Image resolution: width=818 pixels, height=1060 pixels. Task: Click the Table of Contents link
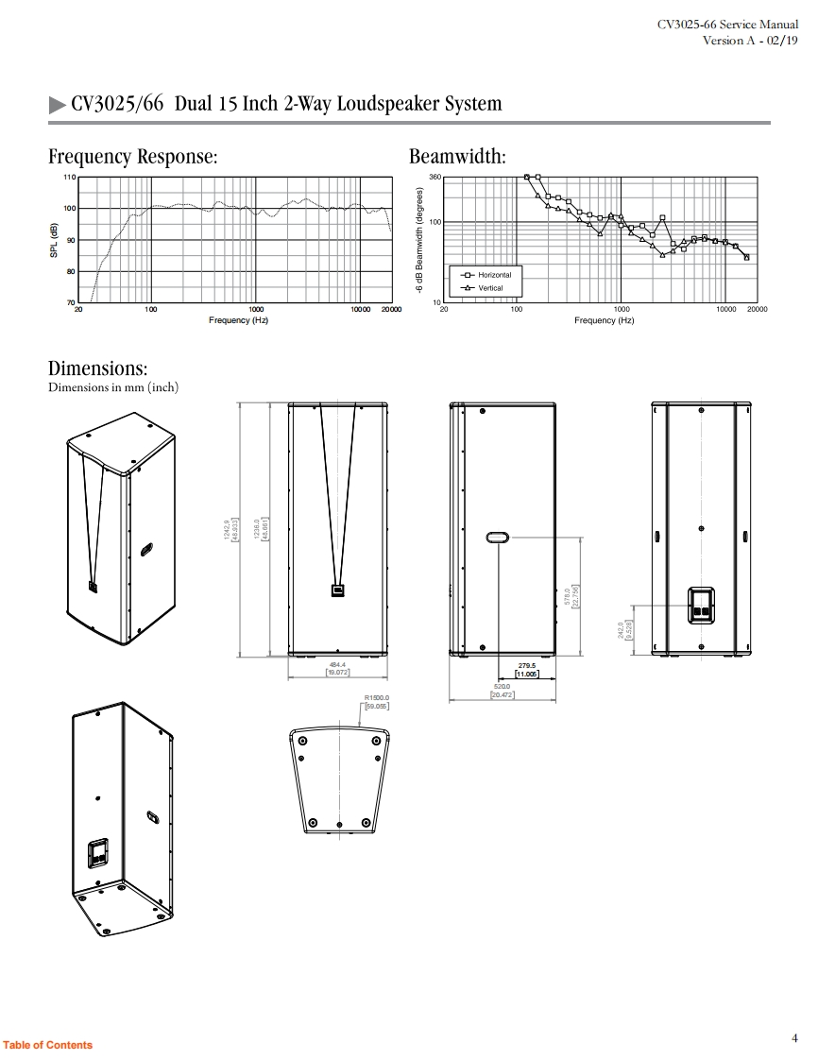(x=47, y=1045)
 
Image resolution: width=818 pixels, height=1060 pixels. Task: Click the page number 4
(x=794, y=1038)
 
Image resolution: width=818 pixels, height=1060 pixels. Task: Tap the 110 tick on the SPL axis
(x=68, y=178)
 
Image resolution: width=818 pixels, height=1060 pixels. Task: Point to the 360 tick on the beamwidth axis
(x=435, y=178)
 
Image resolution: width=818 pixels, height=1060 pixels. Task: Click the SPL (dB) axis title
(x=55, y=240)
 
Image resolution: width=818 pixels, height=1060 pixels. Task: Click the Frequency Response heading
(x=133, y=157)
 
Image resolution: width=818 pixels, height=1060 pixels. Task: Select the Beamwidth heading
(x=457, y=157)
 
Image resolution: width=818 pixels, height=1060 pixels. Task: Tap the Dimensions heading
(x=98, y=368)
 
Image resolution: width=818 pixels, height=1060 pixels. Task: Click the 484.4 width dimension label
(x=337, y=665)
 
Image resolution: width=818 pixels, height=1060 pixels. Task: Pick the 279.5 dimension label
(x=526, y=665)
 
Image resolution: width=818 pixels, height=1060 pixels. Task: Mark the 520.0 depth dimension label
(x=502, y=687)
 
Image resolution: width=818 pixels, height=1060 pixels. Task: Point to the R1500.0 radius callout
(x=377, y=698)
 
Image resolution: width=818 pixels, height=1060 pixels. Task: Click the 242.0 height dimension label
(x=622, y=629)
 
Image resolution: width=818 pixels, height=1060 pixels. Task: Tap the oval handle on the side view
(x=498, y=538)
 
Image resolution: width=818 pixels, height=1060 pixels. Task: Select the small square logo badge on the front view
(x=337, y=590)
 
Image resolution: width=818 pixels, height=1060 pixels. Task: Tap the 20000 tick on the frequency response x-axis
(x=390, y=310)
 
